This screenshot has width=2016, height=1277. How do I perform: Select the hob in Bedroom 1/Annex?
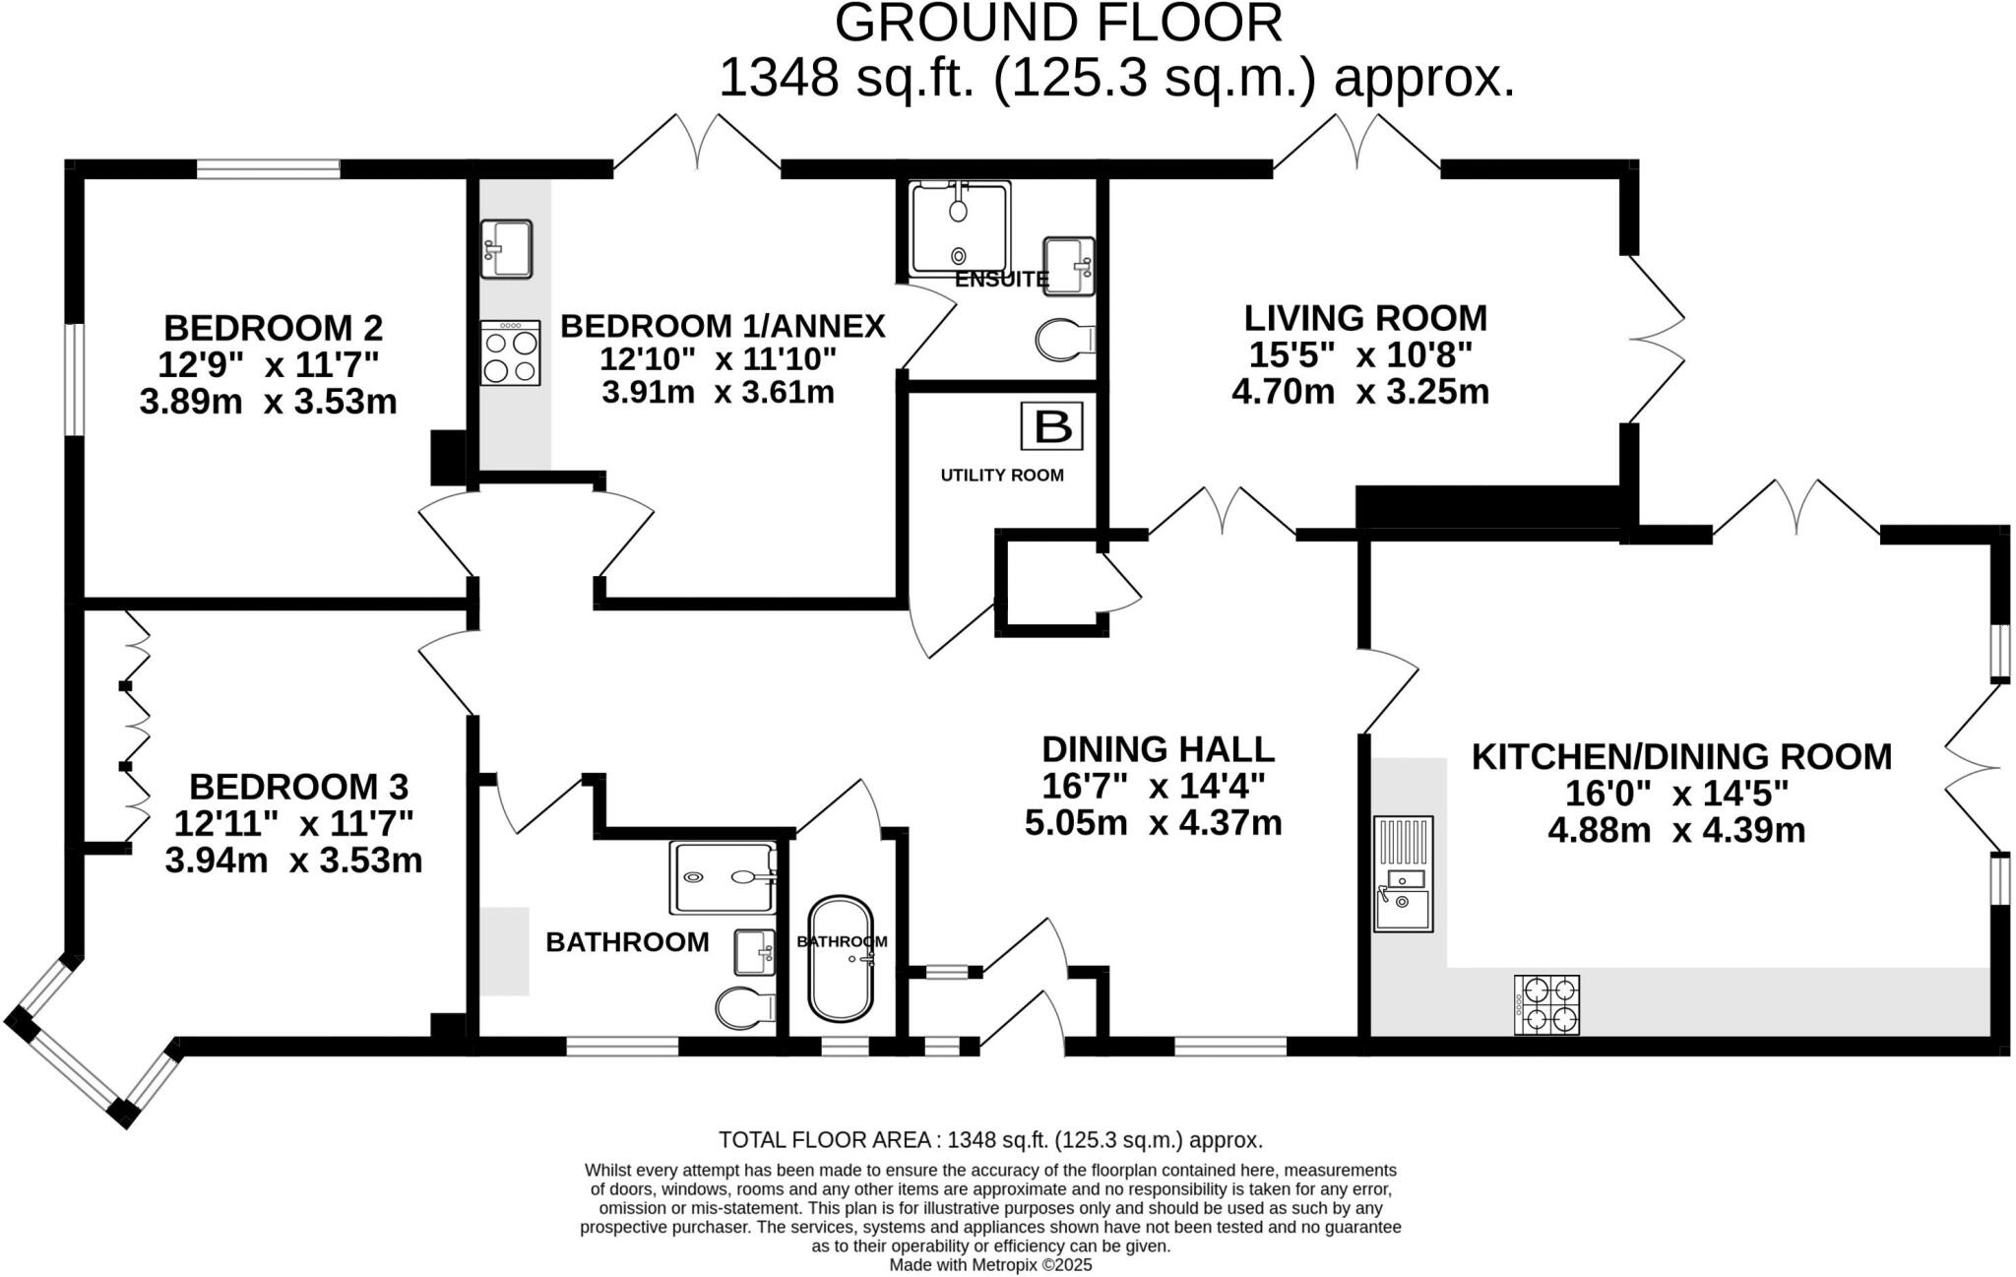coord(510,352)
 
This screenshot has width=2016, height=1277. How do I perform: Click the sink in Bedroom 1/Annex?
coord(506,248)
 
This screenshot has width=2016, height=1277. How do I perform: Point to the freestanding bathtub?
coord(841,958)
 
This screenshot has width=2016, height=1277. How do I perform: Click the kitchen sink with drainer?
coord(1404,873)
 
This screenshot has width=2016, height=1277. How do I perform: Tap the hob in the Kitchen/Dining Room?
coord(1546,1004)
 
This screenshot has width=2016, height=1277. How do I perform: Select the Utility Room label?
coord(1001,476)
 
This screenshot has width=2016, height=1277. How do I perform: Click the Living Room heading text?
coord(1365,318)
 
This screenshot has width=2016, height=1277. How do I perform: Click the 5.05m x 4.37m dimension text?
coord(1153,822)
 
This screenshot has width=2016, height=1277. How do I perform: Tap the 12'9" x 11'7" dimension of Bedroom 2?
coord(269,364)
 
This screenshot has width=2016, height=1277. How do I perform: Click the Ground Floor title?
coord(1058,24)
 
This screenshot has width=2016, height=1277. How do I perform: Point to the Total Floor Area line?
coord(990,1140)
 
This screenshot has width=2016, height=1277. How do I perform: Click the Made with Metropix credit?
coord(990,1265)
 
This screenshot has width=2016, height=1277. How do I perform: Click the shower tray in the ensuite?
coord(960,227)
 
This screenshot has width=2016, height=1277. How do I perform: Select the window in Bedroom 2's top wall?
coord(269,169)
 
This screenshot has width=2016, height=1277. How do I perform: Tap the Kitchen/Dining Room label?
coord(1681,756)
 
